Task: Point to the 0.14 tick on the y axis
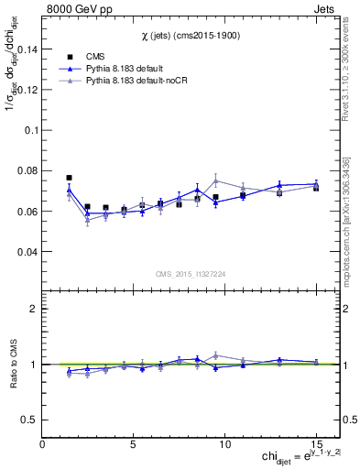(x=27, y=49)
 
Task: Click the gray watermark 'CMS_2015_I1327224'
(x=190, y=273)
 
